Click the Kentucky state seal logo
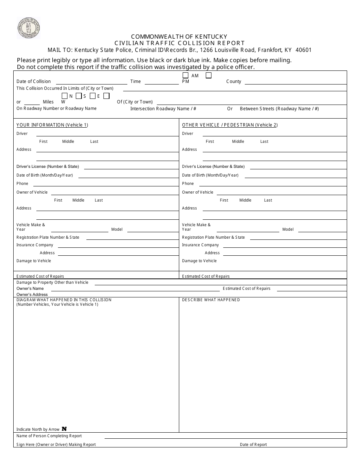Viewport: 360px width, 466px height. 28,28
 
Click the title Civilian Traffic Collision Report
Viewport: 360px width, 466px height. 180,43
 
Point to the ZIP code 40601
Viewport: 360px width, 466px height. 303,50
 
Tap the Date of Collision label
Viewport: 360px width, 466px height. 33,81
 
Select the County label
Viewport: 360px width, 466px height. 233,81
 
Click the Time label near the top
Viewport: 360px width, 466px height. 135,81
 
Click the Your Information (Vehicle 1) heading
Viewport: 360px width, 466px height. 52,125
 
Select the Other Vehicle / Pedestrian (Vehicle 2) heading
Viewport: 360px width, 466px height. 230,125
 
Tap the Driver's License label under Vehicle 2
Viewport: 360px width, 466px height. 213,167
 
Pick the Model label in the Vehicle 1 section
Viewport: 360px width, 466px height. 117,230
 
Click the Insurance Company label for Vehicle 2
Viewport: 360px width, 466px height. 200,245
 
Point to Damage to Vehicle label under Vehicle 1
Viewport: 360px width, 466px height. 33,261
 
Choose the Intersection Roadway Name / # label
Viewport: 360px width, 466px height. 163,109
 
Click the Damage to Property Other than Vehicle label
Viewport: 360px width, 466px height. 52,283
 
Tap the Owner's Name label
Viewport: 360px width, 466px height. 30,289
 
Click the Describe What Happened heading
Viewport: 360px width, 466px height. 211,300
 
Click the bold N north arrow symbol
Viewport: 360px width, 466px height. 64,429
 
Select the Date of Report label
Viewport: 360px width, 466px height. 253,445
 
